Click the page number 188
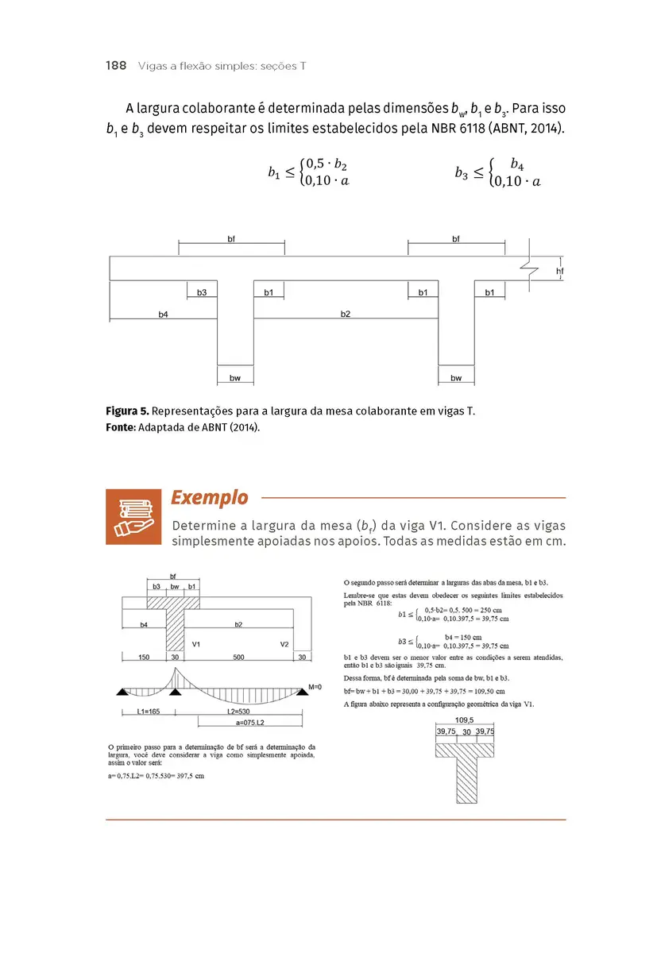116,66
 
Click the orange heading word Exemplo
209,498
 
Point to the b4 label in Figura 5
163,314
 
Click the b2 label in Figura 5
346,314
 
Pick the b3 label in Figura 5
202,293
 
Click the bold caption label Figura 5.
127,411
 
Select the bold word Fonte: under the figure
121,426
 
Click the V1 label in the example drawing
195,644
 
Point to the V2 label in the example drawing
284,644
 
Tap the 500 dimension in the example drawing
238,657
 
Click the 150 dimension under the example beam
144,657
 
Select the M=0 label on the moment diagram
315,686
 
